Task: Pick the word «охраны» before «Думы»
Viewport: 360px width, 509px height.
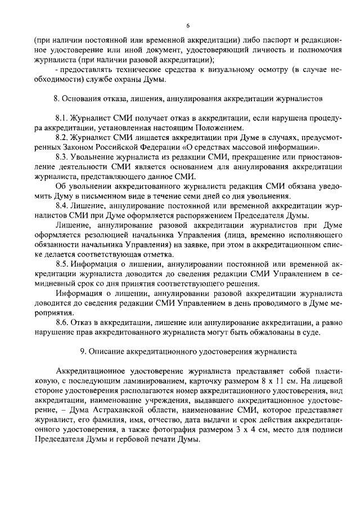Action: coord(133,79)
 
